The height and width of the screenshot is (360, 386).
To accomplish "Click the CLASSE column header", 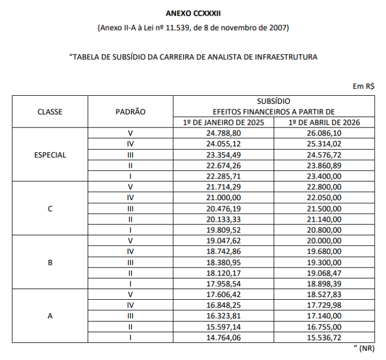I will point(50,112).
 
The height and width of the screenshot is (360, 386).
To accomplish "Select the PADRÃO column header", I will point(131,112).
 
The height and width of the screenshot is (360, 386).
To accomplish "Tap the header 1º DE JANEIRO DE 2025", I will point(223,123).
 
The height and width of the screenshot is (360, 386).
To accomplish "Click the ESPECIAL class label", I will point(50,155).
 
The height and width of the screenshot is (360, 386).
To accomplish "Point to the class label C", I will point(50,209).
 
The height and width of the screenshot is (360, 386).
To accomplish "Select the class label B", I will point(50,263).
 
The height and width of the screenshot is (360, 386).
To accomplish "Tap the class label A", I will point(50,316).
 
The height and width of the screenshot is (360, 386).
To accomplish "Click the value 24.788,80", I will point(223,133).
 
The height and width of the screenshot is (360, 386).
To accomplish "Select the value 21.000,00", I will point(223,198).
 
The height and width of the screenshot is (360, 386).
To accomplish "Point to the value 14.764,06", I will point(223,338).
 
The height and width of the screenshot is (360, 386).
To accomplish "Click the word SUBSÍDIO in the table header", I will point(273,101).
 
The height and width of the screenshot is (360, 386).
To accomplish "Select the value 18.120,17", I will point(223,273).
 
